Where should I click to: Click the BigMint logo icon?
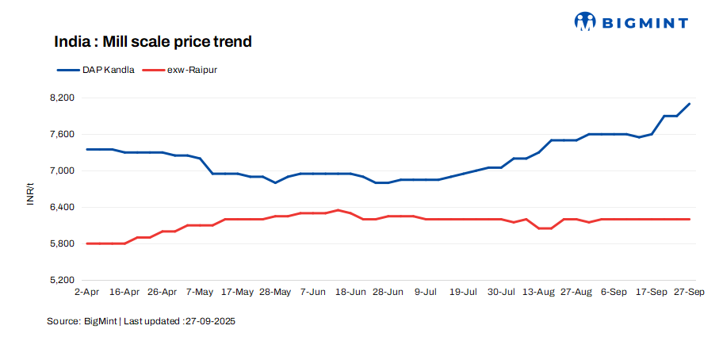pos(585,22)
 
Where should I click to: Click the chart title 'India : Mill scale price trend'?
pos(153,42)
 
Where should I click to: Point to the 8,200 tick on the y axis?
pos(62,98)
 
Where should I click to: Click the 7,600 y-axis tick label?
pos(62,134)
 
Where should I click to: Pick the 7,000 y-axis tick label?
pos(62,170)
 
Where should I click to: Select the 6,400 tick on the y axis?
pos(62,207)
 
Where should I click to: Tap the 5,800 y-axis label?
pos(62,243)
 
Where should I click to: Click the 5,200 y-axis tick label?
pos(62,280)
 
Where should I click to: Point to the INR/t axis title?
pos(31,194)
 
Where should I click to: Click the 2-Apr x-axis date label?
pos(86,293)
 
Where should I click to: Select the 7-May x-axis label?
pos(200,293)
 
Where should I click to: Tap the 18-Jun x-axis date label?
pos(350,293)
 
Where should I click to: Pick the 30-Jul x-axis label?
pos(501,293)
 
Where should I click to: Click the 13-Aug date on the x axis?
pos(538,293)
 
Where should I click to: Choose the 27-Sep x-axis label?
pos(689,293)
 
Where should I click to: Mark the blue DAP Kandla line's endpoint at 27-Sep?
pos(689,104)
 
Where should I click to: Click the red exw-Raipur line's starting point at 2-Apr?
pos(86,243)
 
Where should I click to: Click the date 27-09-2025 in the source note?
pos(210,322)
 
